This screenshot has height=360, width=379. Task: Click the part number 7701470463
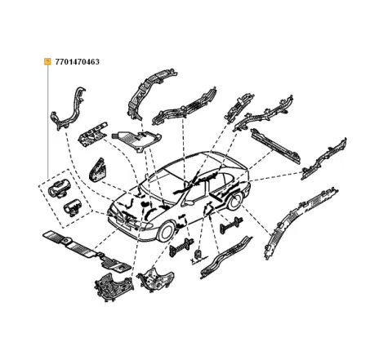point(77,62)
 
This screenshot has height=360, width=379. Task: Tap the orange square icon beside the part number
point(47,62)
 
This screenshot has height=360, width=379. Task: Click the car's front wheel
point(166,232)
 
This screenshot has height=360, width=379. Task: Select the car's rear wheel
point(235,202)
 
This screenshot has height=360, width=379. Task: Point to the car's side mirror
point(189,202)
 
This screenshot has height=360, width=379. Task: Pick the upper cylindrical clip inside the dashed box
point(59,188)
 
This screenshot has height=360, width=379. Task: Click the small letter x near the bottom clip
point(193,260)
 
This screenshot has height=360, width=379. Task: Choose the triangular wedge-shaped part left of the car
point(97,169)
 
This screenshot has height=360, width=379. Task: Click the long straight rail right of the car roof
point(276,146)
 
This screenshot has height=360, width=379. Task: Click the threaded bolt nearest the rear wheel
point(231,225)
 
